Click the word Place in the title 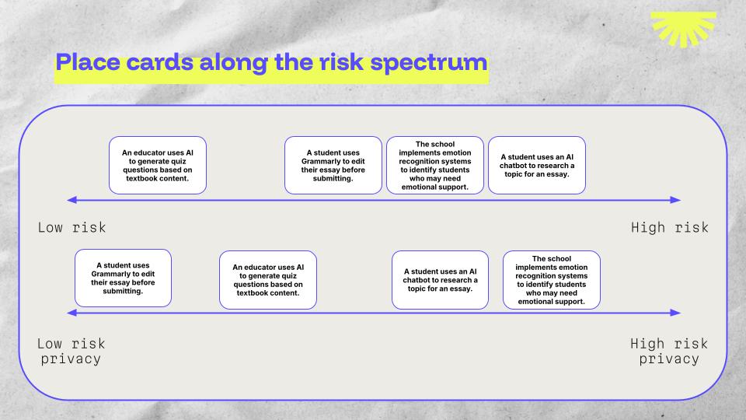[88, 62]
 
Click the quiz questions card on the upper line [158, 165]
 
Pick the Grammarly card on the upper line [333, 165]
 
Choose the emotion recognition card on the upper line [435, 165]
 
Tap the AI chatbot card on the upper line [537, 165]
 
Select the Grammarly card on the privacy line [123, 278]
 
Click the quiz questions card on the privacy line [268, 280]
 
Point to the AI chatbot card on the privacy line [440, 280]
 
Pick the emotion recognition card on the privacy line [552, 280]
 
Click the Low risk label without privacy [71, 227]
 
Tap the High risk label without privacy [669, 227]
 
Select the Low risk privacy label [71, 351]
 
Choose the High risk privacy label [669, 351]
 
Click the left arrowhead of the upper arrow [71, 200]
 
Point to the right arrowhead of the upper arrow [675, 200]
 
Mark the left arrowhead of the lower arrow [71, 313]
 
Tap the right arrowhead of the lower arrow [675, 313]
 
